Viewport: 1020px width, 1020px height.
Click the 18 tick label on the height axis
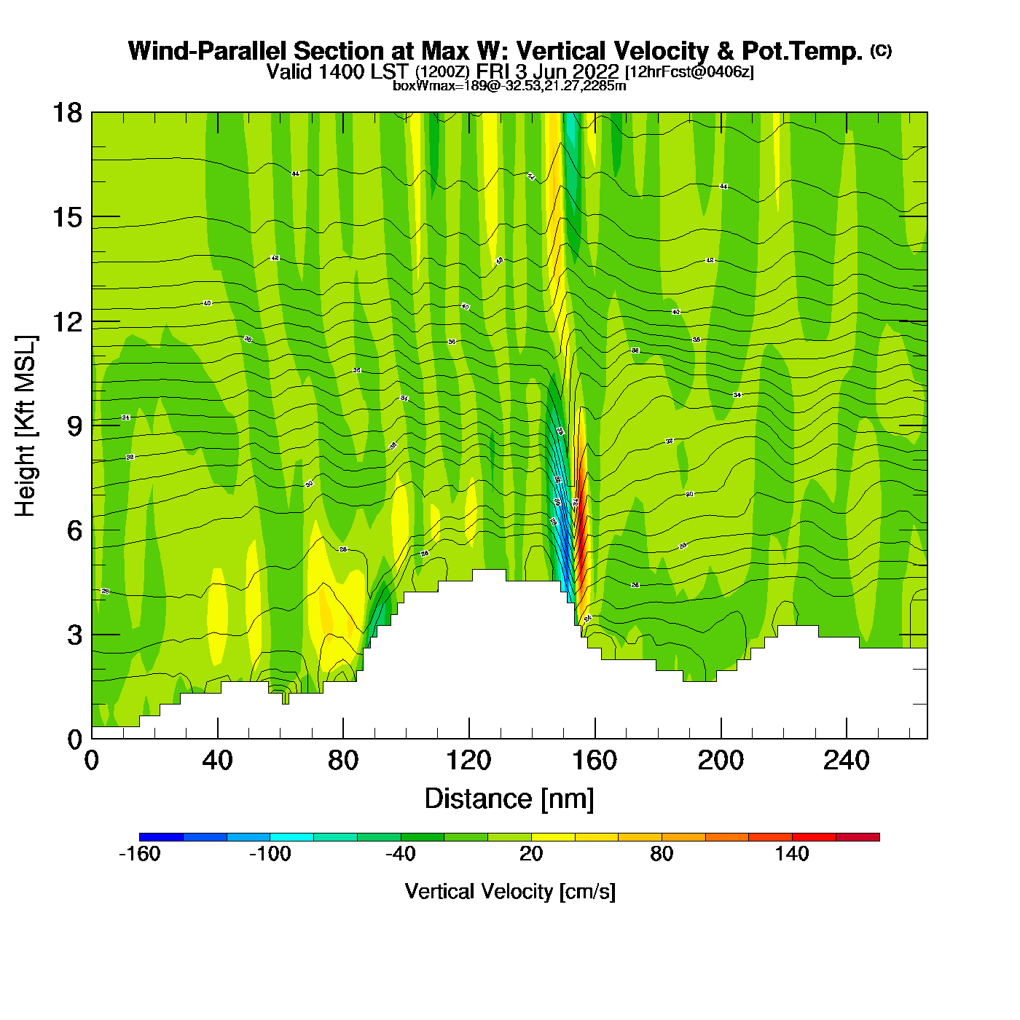(66, 113)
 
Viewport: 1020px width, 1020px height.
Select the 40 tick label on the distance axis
(217, 761)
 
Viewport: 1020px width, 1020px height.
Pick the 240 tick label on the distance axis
(847, 761)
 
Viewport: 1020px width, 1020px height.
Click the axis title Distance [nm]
(509, 799)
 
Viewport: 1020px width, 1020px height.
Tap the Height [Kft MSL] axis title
(25, 426)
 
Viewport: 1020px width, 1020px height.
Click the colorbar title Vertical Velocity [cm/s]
(510, 891)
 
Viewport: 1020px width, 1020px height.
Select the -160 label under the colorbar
(139, 854)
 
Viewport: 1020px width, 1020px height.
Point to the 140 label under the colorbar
(792, 854)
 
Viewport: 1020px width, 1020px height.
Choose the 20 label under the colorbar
(531, 854)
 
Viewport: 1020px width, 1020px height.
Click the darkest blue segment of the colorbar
(161, 837)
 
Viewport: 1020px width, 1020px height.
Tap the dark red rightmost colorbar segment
(858, 837)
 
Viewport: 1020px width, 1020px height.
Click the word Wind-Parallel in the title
(206, 51)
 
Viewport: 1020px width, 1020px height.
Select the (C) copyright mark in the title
(880, 50)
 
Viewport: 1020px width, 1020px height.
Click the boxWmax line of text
(509, 86)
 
